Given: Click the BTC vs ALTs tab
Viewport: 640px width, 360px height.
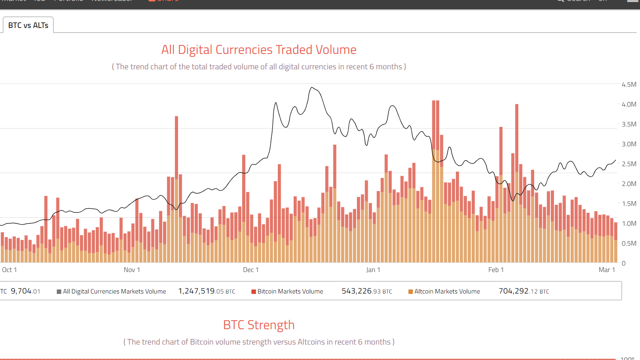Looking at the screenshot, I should pos(28,25).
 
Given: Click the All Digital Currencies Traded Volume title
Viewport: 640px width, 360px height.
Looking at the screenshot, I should pos(259,49).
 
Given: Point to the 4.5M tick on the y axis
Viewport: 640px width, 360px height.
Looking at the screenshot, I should pos(629,84).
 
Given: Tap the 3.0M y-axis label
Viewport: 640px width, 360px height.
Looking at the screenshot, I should pos(629,144).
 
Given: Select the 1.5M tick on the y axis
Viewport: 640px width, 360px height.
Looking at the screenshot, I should pos(629,204).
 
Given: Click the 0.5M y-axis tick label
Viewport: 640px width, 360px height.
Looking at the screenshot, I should pos(629,243).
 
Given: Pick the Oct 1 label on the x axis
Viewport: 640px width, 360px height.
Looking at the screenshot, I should pos(9,270).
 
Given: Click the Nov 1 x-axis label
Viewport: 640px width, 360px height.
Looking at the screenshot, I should pos(132,270).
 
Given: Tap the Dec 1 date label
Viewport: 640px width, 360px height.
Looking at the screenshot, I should pos(251,270).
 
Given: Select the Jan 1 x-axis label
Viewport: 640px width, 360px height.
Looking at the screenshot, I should pos(373,270).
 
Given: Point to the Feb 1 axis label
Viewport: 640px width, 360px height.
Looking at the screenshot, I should pos(496,270).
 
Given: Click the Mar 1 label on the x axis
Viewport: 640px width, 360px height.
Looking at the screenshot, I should pos(607,270).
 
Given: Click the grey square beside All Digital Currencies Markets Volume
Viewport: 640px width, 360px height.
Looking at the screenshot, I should pos(59,291).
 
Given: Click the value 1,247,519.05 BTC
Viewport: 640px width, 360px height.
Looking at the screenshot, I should pos(206,291).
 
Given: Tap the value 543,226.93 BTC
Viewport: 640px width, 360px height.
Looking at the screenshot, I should pos(367,291).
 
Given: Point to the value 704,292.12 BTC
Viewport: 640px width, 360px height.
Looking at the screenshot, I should pos(524,291).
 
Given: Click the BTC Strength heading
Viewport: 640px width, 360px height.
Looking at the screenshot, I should pos(259,325).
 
